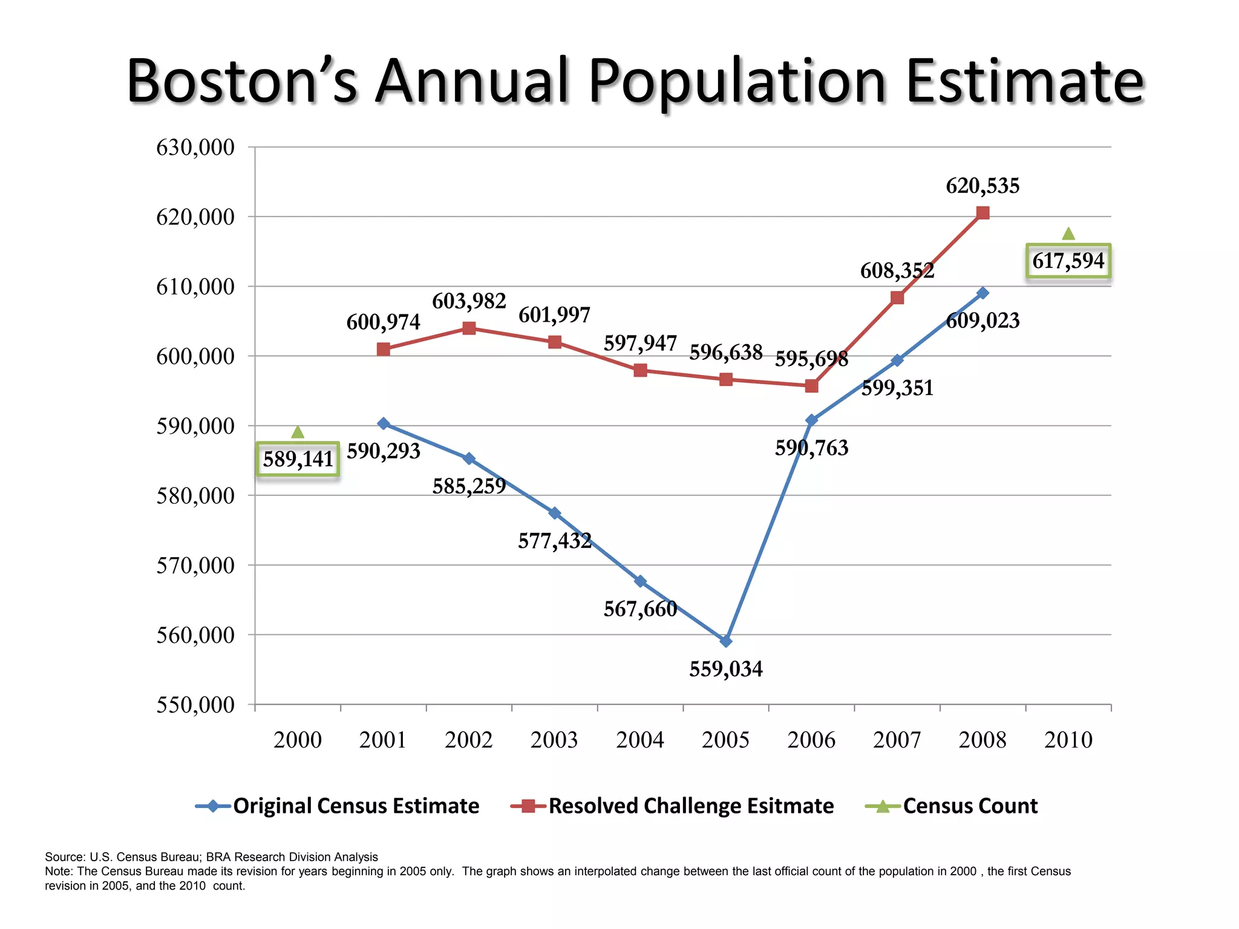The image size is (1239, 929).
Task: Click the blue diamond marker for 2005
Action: pyautogui.click(x=726, y=641)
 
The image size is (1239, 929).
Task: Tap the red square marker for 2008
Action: pyautogui.click(x=982, y=213)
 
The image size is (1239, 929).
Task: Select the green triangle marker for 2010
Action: pyautogui.click(x=1068, y=233)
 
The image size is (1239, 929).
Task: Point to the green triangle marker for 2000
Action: pyautogui.click(x=298, y=432)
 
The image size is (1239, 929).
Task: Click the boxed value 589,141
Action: pyautogui.click(x=298, y=459)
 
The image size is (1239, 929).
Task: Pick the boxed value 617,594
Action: pyautogui.click(x=1068, y=261)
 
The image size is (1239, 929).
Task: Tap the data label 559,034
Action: pyautogui.click(x=726, y=669)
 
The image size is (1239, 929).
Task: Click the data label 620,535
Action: pyautogui.click(x=982, y=186)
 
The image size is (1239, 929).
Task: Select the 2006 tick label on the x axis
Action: pyautogui.click(x=811, y=740)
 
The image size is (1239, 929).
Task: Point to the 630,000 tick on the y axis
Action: pyautogui.click(x=195, y=147)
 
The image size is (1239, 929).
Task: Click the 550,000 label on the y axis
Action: pyautogui.click(x=195, y=705)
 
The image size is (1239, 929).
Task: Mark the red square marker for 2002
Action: pyautogui.click(x=469, y=328)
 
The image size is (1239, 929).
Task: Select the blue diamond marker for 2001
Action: pyautogui.click(x=383, y=423)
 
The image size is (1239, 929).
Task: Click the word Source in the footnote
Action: pyautogui.click(x=65, y=857)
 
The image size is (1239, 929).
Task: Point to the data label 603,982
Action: pyautogui.click(x=469, y=301)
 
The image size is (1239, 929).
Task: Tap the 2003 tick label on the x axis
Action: pyautogui.click(x=554, y=740)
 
